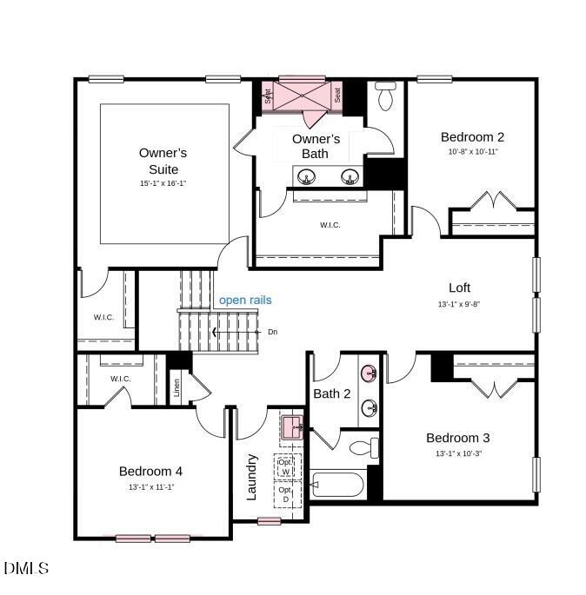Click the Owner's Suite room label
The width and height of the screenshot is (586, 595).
tap(163, 161)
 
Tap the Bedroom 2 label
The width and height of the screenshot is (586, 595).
tap(472, 136)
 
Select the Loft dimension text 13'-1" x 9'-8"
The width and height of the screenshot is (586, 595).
tap(458, 305)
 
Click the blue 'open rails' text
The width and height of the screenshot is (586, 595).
tap(245, 300)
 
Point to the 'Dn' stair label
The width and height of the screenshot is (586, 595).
tap(272, 332)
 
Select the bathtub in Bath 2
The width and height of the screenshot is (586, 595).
tap(339, 485)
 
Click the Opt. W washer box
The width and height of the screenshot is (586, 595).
tap(286, 466)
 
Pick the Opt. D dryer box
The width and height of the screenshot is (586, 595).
tap(285, 494)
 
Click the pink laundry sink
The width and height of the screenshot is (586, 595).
tap(292, 426)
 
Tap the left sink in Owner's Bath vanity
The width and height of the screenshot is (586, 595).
tap(307, 178)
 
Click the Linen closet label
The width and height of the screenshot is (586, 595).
tap(177, 387)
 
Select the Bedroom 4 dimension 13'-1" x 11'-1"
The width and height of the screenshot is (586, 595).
tap(150, 487)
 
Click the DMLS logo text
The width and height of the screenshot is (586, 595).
tap(26, 569)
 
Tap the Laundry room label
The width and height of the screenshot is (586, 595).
tap(252, 477)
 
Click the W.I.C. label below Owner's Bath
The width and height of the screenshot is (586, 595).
tap(330, 225)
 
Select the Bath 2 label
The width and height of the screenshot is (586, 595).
tap(332, 393)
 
